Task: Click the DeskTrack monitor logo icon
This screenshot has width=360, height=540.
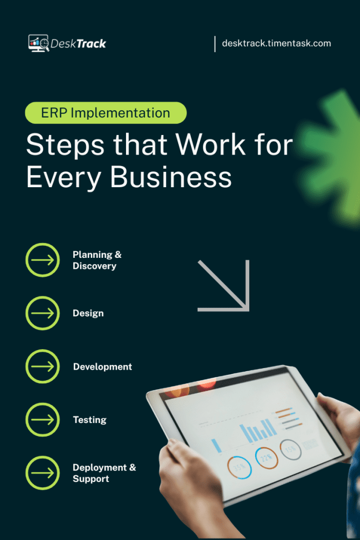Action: coord(38,43)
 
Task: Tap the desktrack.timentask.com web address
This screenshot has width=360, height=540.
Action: coord(276,43)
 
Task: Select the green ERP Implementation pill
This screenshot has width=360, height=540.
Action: coord(106,112)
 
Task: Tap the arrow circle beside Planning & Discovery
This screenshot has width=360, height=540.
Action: coord(43,260)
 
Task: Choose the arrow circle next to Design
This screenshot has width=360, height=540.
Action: coord(43,313)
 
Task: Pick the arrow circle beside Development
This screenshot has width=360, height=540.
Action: coord(43,367)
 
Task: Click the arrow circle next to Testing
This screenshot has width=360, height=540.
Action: coord(43,420)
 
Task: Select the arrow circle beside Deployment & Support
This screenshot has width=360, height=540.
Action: coord(43,473)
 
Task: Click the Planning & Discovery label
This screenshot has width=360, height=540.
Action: coord(97,260)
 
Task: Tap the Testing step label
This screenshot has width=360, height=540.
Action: coord(90,420)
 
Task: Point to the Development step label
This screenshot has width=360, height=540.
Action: coord(102,367)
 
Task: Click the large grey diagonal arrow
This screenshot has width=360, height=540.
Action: coord(223,285)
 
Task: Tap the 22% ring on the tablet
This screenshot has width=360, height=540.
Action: coord(266,457)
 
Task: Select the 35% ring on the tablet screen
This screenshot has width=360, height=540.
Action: coord(239,467)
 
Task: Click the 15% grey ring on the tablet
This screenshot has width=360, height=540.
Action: coord(290,449)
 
